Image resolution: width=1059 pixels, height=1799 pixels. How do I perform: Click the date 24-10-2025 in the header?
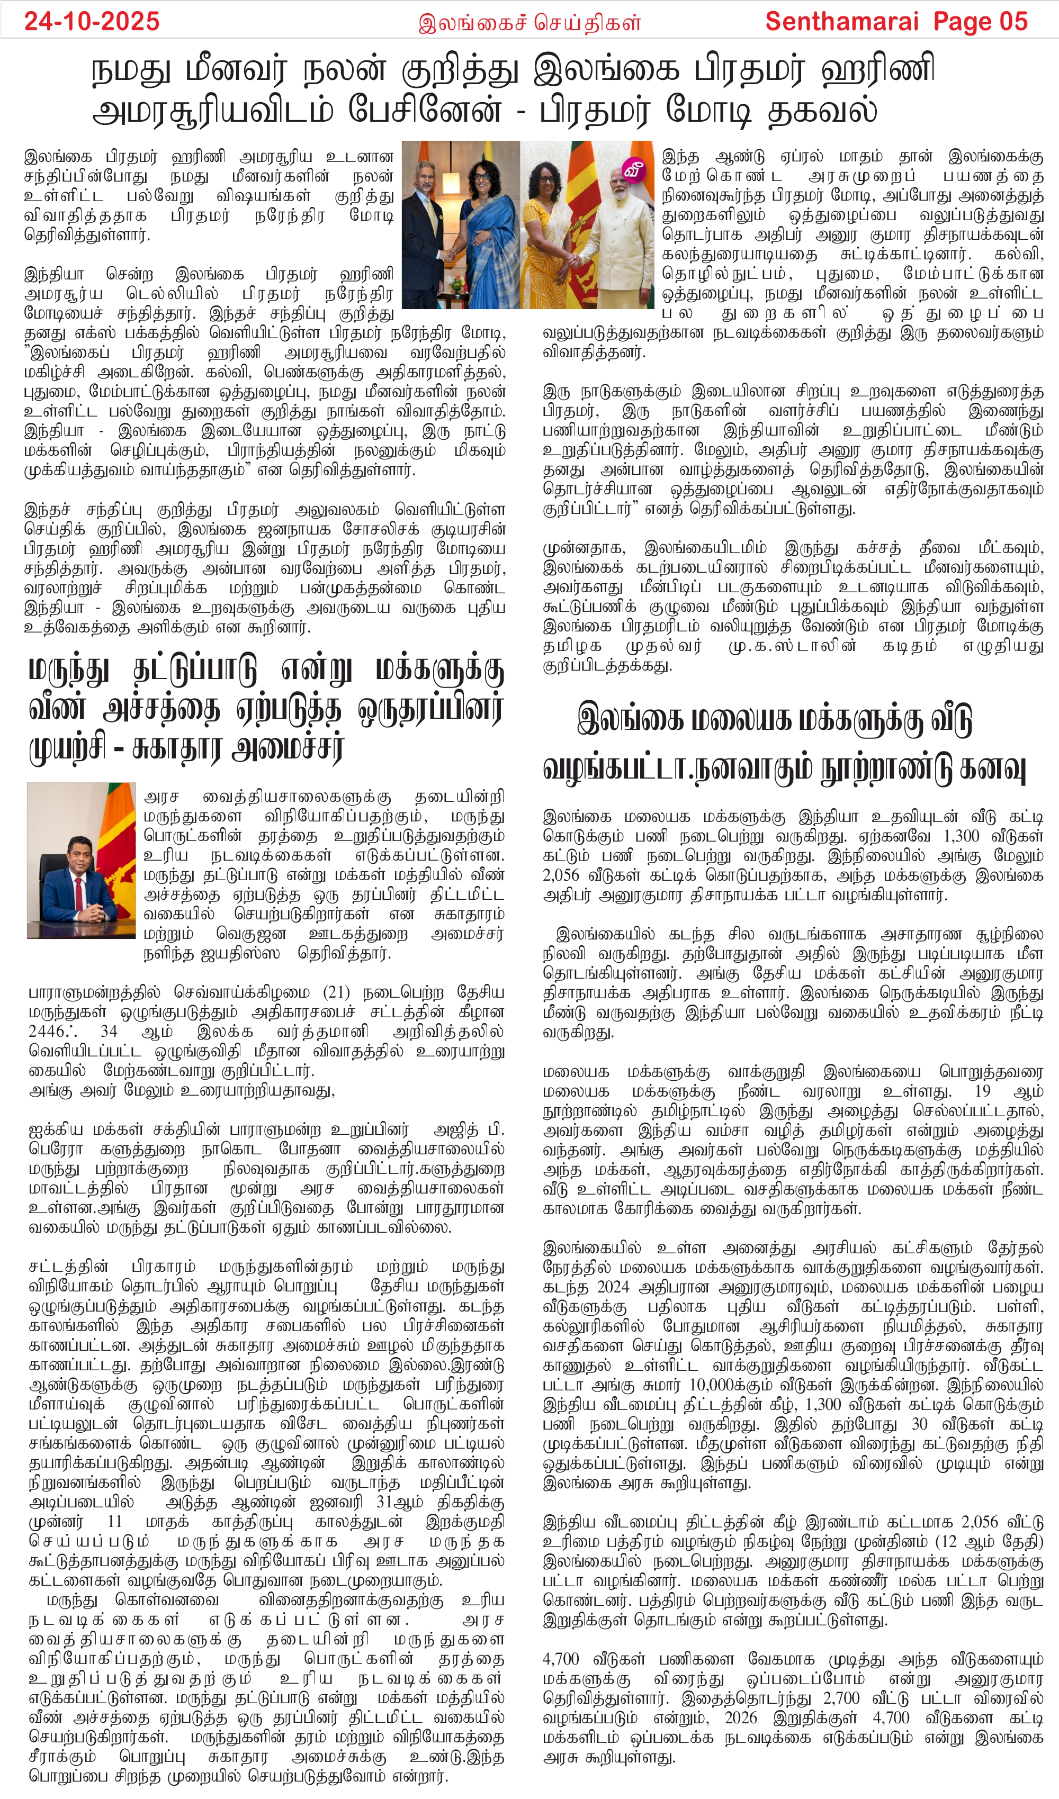[x=92, y=21]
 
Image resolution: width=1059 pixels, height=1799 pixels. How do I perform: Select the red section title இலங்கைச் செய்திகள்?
[x=529, y=24]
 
